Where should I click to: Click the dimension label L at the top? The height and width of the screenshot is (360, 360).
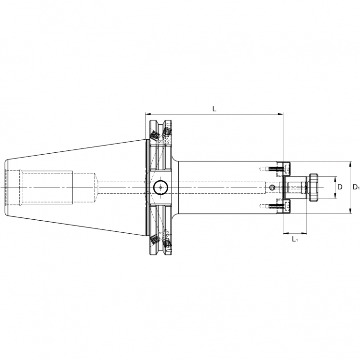point(214,109)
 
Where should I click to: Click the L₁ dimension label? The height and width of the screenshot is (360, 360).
point(295,240)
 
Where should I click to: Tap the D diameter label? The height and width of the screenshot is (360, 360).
point(340,187)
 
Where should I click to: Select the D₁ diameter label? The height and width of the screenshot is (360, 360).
point(356,187)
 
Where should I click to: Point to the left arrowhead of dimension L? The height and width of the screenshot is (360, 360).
point(148,114)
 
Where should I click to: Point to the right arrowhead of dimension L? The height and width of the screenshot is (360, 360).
point(280,114)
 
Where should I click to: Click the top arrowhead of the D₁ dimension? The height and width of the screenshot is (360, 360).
point(350,164)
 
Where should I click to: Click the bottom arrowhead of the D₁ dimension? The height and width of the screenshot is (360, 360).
point(350,211)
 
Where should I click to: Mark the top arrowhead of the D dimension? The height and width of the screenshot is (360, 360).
point(335,180)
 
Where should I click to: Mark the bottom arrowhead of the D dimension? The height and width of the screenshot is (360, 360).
point(335,196)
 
